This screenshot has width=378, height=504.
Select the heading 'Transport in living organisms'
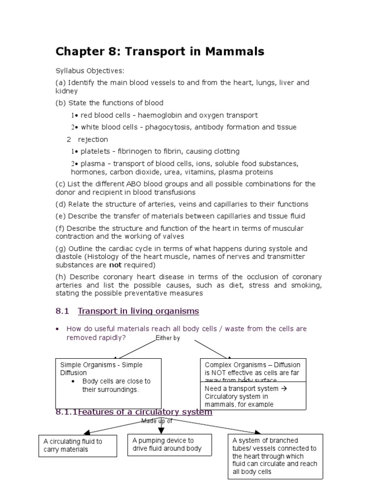tap(138, 311)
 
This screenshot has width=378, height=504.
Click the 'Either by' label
tap(167, 338)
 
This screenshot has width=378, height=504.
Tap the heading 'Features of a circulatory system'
tap(145, 411)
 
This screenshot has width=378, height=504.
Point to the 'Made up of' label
tap(157, 421)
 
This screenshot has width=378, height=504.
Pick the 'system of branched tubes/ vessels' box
tap(275, 456)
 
